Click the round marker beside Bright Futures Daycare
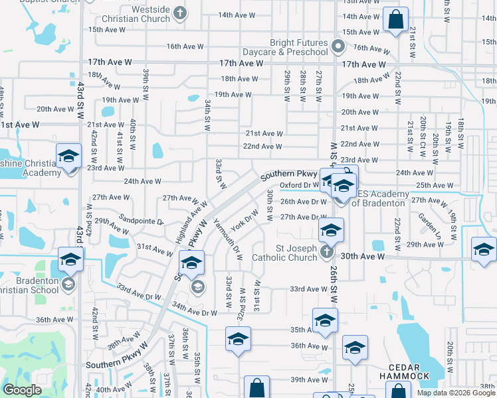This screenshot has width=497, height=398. click(x=338, y=46)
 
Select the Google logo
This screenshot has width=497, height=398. click(x=22, y=390)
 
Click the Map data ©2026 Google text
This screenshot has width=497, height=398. click(x=455, y=393)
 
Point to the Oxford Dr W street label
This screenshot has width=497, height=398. click(x=299, y=186)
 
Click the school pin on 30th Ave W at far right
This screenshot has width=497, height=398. click(x=484, y=249)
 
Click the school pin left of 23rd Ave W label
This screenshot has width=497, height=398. click(x=68, y=156)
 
